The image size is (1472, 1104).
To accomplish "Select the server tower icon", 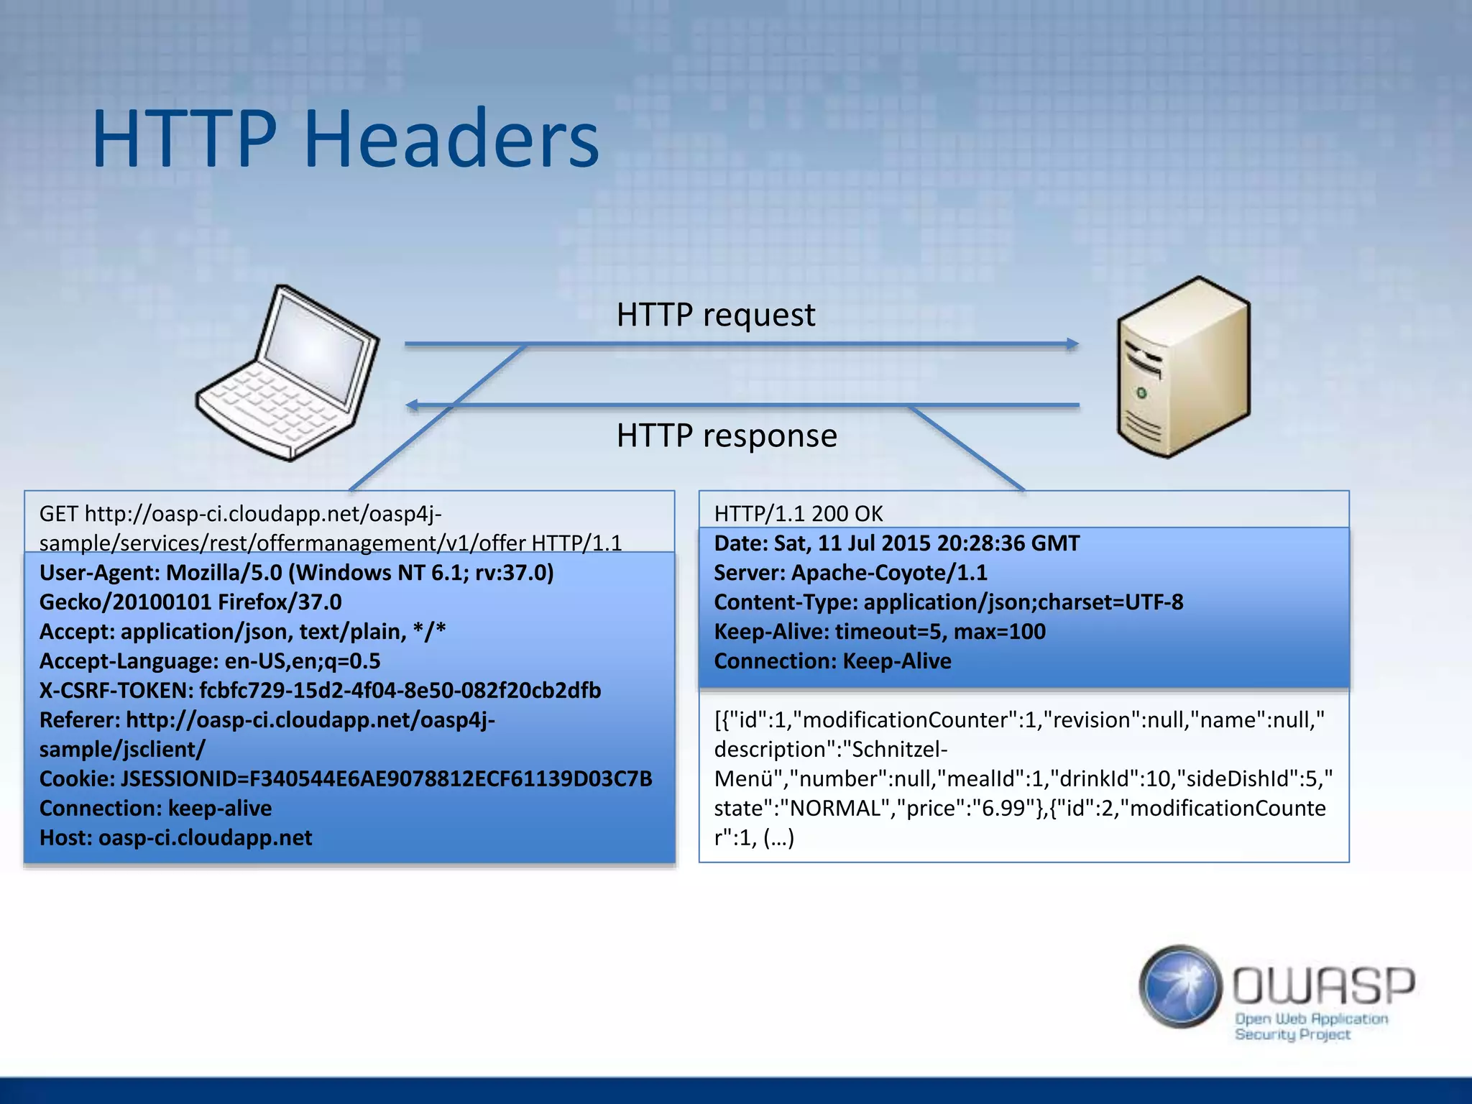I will [1183, 367].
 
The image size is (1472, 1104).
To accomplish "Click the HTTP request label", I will [715, 315].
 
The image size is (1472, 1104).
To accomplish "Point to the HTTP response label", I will [726, 436].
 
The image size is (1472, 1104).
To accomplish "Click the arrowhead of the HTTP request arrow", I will [1072, 344].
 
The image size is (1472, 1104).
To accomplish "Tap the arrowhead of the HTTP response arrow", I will [413, 405].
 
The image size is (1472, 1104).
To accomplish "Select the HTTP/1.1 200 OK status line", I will [798, 514].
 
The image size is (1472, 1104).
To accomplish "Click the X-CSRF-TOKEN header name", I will [115, 691].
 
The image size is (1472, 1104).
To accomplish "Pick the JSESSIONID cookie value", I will [386, 779].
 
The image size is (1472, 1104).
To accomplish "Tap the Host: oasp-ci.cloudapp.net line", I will [175, 838].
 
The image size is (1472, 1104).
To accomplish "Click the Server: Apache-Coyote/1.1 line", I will [850, 573].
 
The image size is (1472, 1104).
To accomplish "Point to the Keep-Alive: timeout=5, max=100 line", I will [879, 632].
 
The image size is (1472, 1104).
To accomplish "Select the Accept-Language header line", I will [210, 661].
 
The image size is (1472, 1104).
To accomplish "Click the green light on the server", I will [1141, 393].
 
